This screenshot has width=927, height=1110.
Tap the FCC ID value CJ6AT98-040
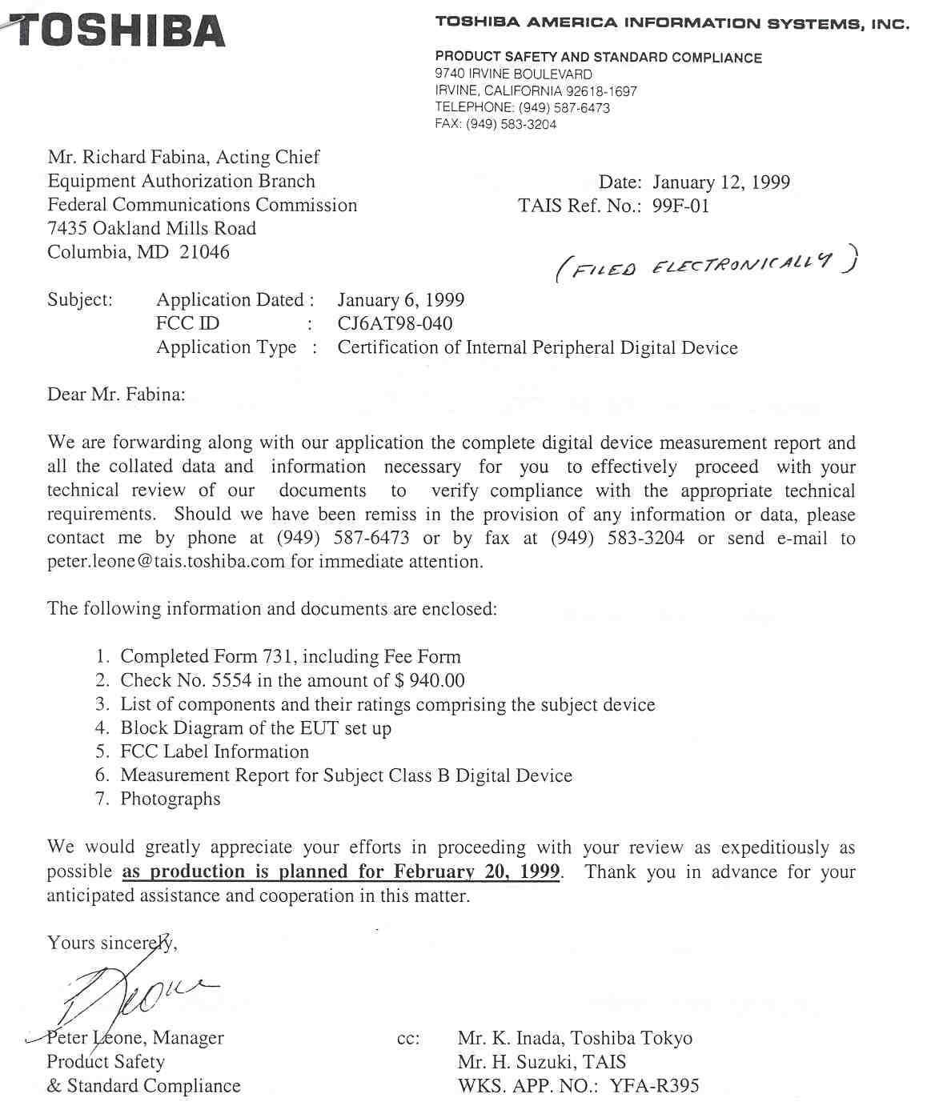pyautogui.click(x=395, y=323)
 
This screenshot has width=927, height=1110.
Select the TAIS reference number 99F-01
pyautogui.click(x=680, y=206)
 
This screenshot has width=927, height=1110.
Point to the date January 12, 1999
pyautogui.click(x=720, y=182)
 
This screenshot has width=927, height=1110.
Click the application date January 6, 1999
pyautogui.click(x=400, y=300)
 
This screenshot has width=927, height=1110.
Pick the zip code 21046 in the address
pyautogui.click(x=205, y=252)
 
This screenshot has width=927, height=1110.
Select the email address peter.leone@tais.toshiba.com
pyautogui.click(x=166, y=562)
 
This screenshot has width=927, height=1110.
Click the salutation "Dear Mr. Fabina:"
pyautogui.click(x=116, y=395)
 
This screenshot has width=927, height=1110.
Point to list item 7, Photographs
pyautogui.click(x=170, y=799)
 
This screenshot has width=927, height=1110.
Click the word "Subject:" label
pyautogui.click(x=80, y=300)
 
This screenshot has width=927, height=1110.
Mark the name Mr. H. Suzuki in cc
pyautogui.click(x=513, y=1062)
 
